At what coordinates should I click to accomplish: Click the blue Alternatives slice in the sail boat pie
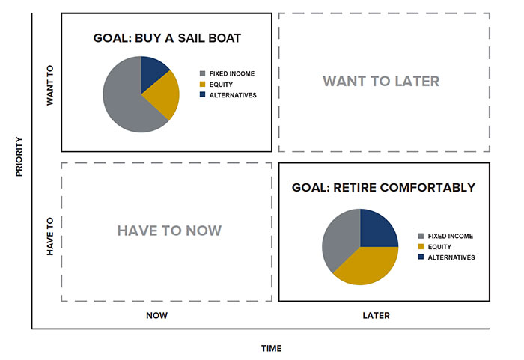pyautogui.click(x=153, y=72)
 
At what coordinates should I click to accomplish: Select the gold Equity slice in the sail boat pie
pyautogui.click(x=164, y=95)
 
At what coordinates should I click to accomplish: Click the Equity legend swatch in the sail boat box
pyautogui.click(x=203, y=85)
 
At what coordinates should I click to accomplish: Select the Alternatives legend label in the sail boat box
pyautogui.click(x=233, y=95)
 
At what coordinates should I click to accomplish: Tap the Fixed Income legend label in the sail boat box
pyautogui.click(x=232, y=73)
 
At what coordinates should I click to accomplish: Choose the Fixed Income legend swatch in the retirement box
pyautogui.click(x=421, y=236)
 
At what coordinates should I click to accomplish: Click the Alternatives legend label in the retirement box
pyautogui.click(x=451, y=257)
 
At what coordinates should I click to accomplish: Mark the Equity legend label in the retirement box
pyautogui.click(x=439, y=247)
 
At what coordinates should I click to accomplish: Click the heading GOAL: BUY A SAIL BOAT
pyautogui.click(x=167, y=38)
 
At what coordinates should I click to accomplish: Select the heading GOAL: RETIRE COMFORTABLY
pyautogui.click(x=383, y=188)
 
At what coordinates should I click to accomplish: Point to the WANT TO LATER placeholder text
pyautogui.click(x=381, y=82)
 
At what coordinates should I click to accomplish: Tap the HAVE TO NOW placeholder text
pyautogui.click(x=169, y=231)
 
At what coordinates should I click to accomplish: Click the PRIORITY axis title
pyautogui.click(x=19, y=156)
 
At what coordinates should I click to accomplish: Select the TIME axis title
pyautogui.click(x=271, y=349)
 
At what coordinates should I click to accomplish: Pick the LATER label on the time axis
pyautogui.click(x=377, y=316)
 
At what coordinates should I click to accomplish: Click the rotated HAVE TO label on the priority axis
pyautogui.click(x=50, y=237)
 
